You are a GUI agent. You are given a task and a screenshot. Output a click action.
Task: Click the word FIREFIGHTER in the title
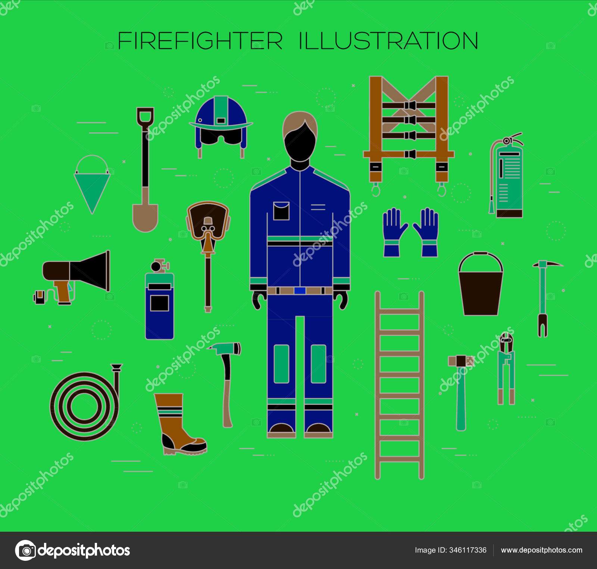(200, 41)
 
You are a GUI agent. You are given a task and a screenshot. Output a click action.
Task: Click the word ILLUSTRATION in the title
(388, 41)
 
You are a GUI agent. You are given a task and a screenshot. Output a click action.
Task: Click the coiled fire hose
(86, 403)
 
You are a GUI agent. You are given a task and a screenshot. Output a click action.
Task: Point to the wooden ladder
(400, 384)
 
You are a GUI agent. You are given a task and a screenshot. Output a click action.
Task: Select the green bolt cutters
(506, 369)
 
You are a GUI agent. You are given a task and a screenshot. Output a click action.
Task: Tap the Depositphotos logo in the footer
(73, 550)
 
